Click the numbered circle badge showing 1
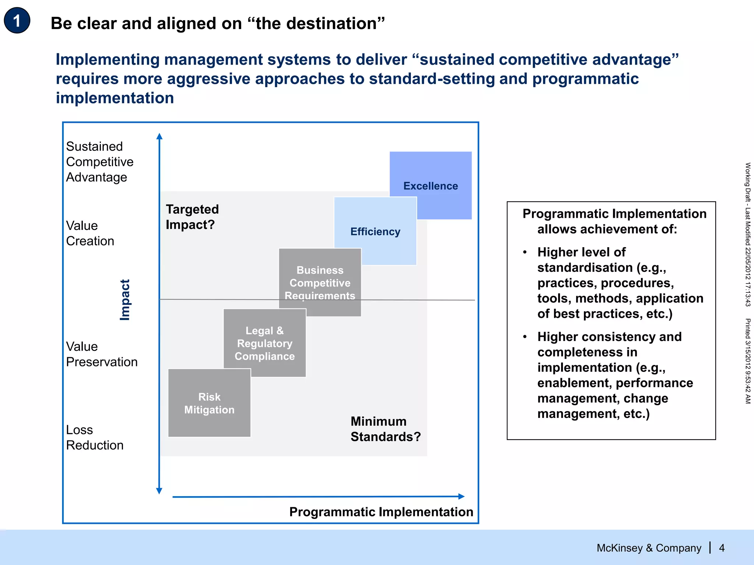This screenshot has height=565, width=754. [17, 21]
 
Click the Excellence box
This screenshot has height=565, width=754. [430, 186]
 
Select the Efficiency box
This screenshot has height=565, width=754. [375, 231]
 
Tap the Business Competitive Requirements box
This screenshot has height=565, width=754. [320, 282]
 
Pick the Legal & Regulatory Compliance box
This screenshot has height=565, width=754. [264, 343]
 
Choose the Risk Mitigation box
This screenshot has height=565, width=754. [209, 403]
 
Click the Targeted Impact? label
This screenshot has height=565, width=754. [192, 217]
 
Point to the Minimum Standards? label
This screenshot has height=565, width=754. [385, 429]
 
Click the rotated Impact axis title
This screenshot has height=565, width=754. [125, 300]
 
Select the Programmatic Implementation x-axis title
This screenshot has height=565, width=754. [381, 512]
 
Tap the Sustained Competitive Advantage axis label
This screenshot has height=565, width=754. [99, 162]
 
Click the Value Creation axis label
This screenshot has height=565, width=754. [90, 233]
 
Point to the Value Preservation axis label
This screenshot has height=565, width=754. [101, 354]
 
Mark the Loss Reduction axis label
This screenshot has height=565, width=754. [95, 437]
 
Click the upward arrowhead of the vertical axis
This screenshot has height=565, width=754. [159, 136]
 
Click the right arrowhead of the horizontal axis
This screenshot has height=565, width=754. [461, 496]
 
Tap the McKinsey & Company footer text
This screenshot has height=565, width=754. [649, 548]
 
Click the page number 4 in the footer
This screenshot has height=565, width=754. [722, 548]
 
